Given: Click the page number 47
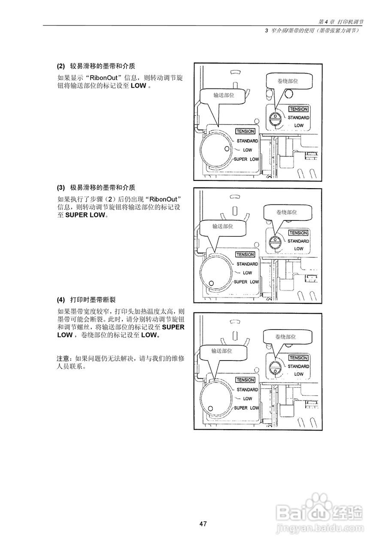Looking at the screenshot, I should tap(203, 524).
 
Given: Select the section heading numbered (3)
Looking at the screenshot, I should tap(96, 187).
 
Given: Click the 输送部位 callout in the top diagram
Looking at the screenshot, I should tap(224, 95).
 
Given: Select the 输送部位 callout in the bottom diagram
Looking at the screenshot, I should tap(221, 351).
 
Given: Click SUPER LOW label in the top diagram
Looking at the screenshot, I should tap(246, 159).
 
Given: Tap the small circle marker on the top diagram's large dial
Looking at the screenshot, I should tap(227, 149).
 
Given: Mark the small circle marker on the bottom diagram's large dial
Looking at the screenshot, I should tap(210, 408).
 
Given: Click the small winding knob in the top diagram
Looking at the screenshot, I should tap(274, 118).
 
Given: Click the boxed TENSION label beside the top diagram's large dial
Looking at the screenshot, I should tap(245, 131).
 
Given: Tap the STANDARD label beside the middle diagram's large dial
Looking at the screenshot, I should tap(247, 264).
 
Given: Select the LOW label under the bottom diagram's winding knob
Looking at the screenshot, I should tap(299, 374).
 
